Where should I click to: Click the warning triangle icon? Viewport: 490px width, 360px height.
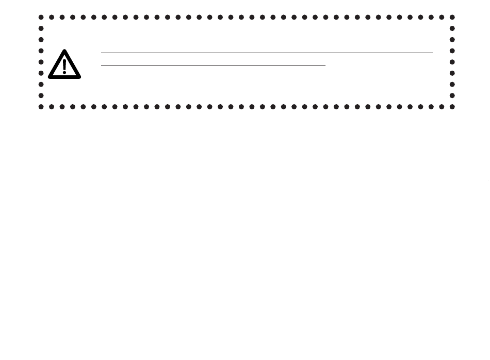[64, 65]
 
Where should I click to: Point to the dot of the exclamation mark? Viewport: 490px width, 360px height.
[64, 73]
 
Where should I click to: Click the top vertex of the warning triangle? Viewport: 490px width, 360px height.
[64, 51]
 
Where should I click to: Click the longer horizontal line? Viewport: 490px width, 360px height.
[267, 53]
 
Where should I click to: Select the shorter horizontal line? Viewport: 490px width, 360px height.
[213, 66]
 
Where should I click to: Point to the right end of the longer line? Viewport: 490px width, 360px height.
[432, 53]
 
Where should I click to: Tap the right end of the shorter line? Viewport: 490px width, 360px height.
[325, 66]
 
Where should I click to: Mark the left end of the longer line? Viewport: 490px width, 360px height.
[102, 53]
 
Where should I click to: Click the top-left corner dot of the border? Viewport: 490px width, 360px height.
[41, 17]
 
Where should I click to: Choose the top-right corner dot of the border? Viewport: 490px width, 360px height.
[452, 17]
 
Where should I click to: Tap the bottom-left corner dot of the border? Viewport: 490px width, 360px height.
[41, 107]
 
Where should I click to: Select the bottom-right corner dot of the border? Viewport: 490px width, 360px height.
[452, 107]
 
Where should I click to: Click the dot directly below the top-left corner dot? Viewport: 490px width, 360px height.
[41, 28]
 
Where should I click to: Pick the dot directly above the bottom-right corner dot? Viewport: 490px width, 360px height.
[452, 95]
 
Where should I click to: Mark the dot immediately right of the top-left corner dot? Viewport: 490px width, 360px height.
[52, 17]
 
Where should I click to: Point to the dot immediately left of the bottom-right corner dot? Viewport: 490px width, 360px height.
[442, 107]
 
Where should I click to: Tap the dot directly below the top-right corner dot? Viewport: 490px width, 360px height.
[452, 28]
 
